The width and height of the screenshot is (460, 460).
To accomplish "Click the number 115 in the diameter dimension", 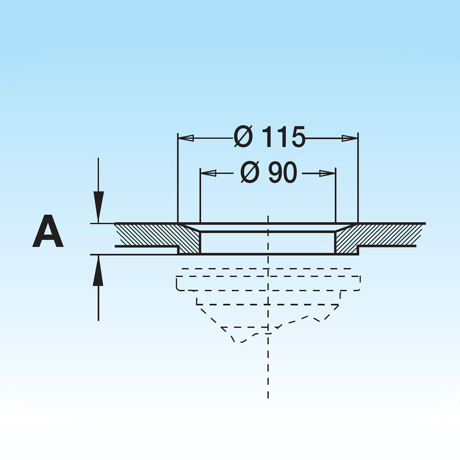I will click(x=284, y=137).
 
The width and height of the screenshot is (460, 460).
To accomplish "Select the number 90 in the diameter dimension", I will click(x=283, y=173).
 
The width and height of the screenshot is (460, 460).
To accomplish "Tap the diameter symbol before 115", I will click(x=243, y=137).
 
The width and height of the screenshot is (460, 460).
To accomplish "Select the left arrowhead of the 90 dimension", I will click(x=209, y=173).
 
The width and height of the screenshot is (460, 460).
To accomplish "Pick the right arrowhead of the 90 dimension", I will click(x=328, y=173).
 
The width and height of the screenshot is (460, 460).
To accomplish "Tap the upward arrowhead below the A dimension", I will click(x=99, y=271).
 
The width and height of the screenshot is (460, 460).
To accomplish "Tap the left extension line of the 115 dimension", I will click(x=178, y=180).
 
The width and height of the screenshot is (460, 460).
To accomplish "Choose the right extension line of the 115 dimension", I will click(x=358, y=180).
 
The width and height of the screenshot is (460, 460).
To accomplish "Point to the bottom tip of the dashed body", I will click(x=238, y=341).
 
